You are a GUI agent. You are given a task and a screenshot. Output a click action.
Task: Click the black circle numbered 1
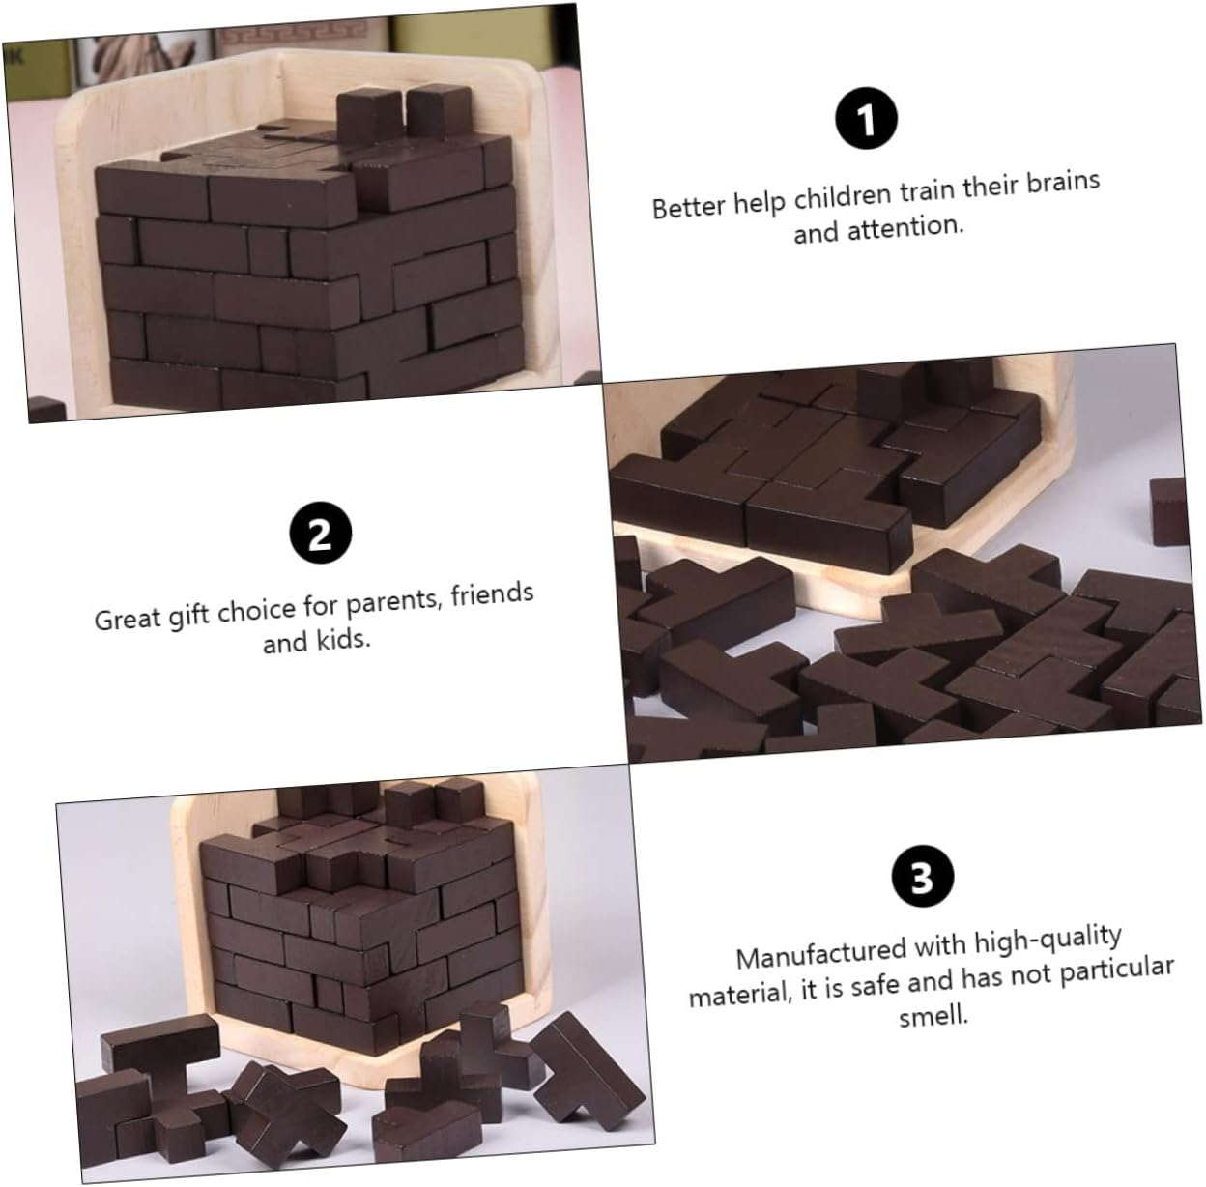[866, 118]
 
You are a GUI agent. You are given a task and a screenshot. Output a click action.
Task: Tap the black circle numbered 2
[321, 534]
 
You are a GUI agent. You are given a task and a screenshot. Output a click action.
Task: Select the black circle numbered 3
[923, 876]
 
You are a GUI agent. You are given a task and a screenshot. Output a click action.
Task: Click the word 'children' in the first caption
[843, 196]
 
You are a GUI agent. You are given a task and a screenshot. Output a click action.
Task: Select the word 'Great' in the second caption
[128, 620]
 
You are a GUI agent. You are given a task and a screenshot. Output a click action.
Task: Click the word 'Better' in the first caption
[688, 206]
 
